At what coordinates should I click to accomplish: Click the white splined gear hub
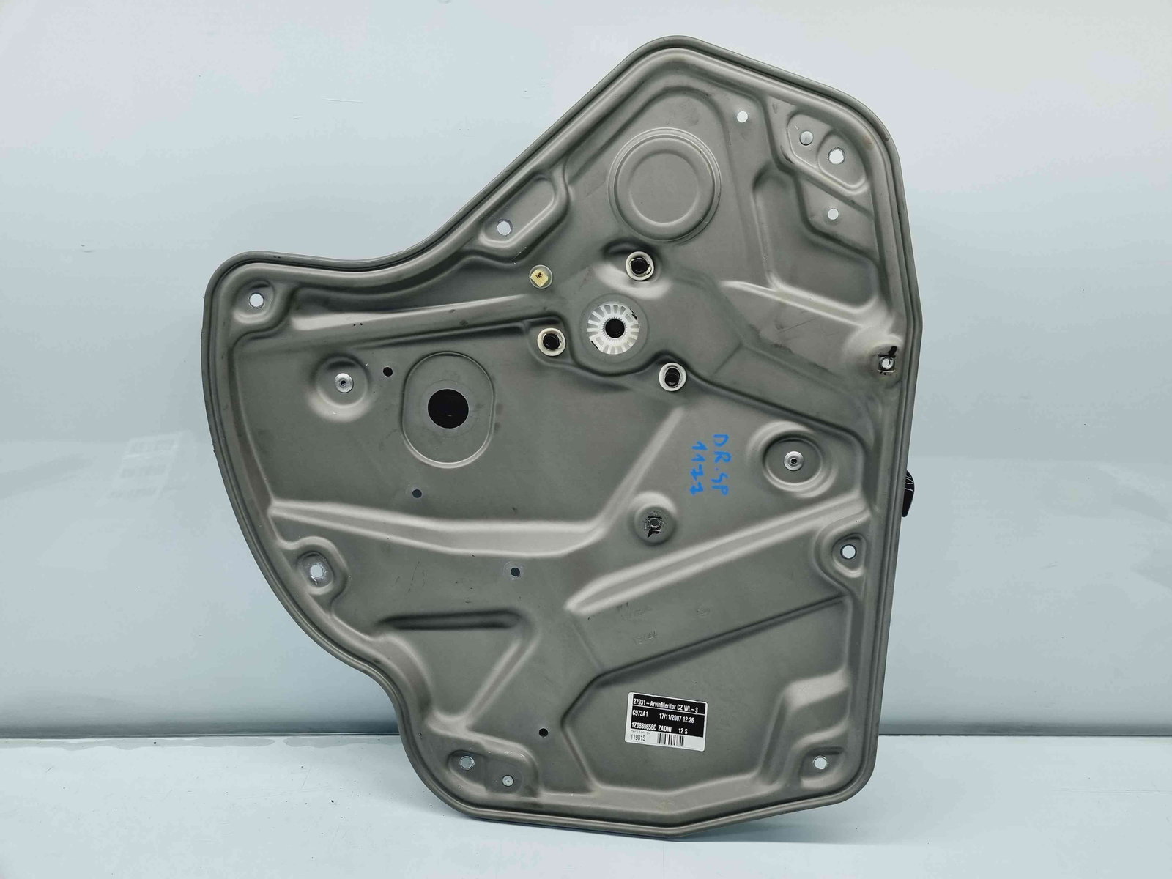[x=612, y=320]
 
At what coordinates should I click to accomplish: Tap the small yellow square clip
[x=540, y=276]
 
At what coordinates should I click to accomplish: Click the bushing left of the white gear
[x=549, y=338]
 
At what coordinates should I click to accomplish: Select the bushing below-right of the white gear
[x=670, y=374]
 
